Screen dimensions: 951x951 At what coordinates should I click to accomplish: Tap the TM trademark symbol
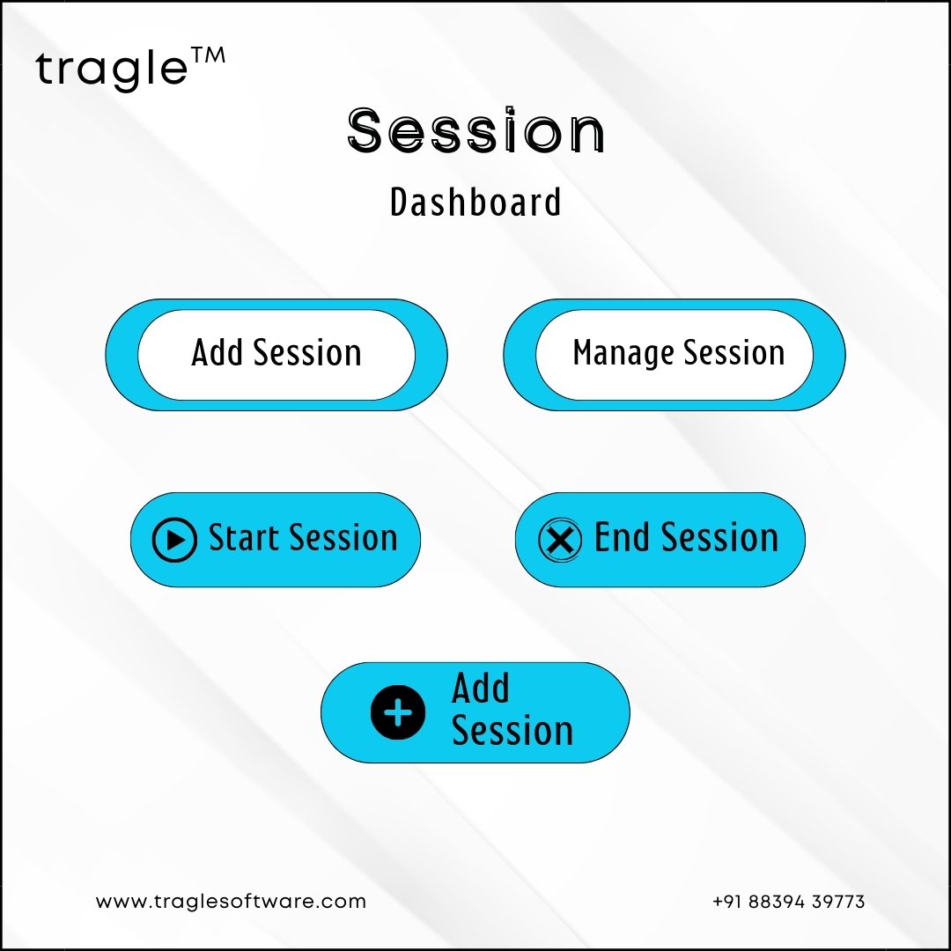(x=208, y=55)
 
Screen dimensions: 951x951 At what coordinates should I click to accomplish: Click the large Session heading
(x=476, y=129)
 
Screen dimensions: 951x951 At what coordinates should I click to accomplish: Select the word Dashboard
(x=475, y=202)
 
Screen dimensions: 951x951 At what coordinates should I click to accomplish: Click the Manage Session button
(x=674, y=355)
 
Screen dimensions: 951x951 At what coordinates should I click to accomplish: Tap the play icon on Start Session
(x=174, y=539)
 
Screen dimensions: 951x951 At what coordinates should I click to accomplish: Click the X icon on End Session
(x=560, y=539)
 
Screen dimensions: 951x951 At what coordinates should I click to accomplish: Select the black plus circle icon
(x=398, y=712)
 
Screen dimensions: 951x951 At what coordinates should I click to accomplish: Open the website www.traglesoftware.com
(x=231, y=902)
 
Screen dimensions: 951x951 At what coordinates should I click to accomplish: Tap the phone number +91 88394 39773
(x=788, y=902)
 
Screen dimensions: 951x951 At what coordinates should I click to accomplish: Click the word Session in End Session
(x=720, y=537)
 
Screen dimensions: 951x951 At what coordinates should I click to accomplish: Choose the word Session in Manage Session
(x=734, y=352)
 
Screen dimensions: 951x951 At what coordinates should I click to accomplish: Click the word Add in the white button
(x=217, y=352)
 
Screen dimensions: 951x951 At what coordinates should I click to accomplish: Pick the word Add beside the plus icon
(x=481, y=688)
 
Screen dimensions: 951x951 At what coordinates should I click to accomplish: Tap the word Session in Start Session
(x=343, y=537)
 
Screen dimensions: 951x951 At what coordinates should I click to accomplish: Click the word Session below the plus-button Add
(x=512, y=730)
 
